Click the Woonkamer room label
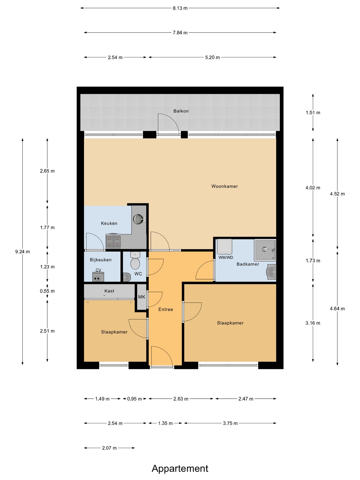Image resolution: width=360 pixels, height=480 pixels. (x=224, y=186)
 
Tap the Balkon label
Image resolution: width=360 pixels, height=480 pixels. (x=181, y=111)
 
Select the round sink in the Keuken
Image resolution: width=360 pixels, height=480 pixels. (x=139, y=218)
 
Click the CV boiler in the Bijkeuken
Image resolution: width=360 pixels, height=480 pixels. (x=98, y=276)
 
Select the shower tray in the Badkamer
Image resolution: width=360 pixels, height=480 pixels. (x=265, y=250)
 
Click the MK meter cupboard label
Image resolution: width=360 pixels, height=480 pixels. (x=142, y=297)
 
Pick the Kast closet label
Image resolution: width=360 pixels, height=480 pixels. (x=109, y=291)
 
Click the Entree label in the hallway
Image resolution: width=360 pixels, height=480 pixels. (x=166, y=309)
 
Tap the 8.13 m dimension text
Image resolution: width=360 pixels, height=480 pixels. (x=180, y=8)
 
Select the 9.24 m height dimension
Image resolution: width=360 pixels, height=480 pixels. (x=23, y=252)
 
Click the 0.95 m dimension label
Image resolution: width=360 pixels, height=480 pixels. (x=135, y=399)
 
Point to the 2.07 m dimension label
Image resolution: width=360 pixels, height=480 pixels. (x=109, y=448)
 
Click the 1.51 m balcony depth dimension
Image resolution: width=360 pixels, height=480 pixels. (x=313, y=113)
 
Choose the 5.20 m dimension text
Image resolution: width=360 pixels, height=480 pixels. (x=212, y=58)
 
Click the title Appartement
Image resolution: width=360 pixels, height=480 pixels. (x=180, y=469)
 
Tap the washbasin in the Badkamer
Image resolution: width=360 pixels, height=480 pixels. (x=271, y=272)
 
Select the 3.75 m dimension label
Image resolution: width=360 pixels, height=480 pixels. (x=230, y=423)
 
